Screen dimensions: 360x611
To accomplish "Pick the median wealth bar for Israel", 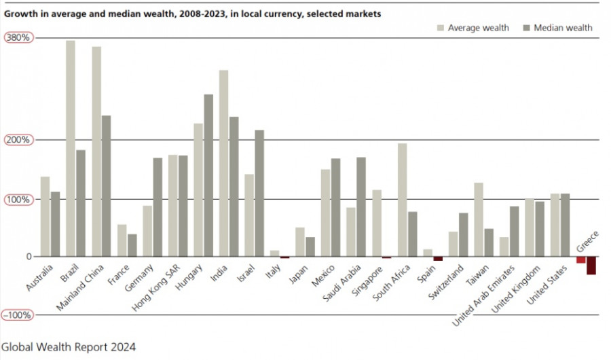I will [x=259, y=193].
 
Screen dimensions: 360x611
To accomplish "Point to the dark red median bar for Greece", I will [x=591, y=266].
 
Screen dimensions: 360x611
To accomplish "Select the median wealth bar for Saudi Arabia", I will [x=361, y=206].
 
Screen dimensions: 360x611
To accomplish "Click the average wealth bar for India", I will [x=223, y=163].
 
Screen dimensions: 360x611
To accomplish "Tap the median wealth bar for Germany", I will [x=158, y=207].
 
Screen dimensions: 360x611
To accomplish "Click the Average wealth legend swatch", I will [x=441, y=28].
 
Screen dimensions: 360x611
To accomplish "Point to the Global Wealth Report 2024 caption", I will [x=69, y=346].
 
